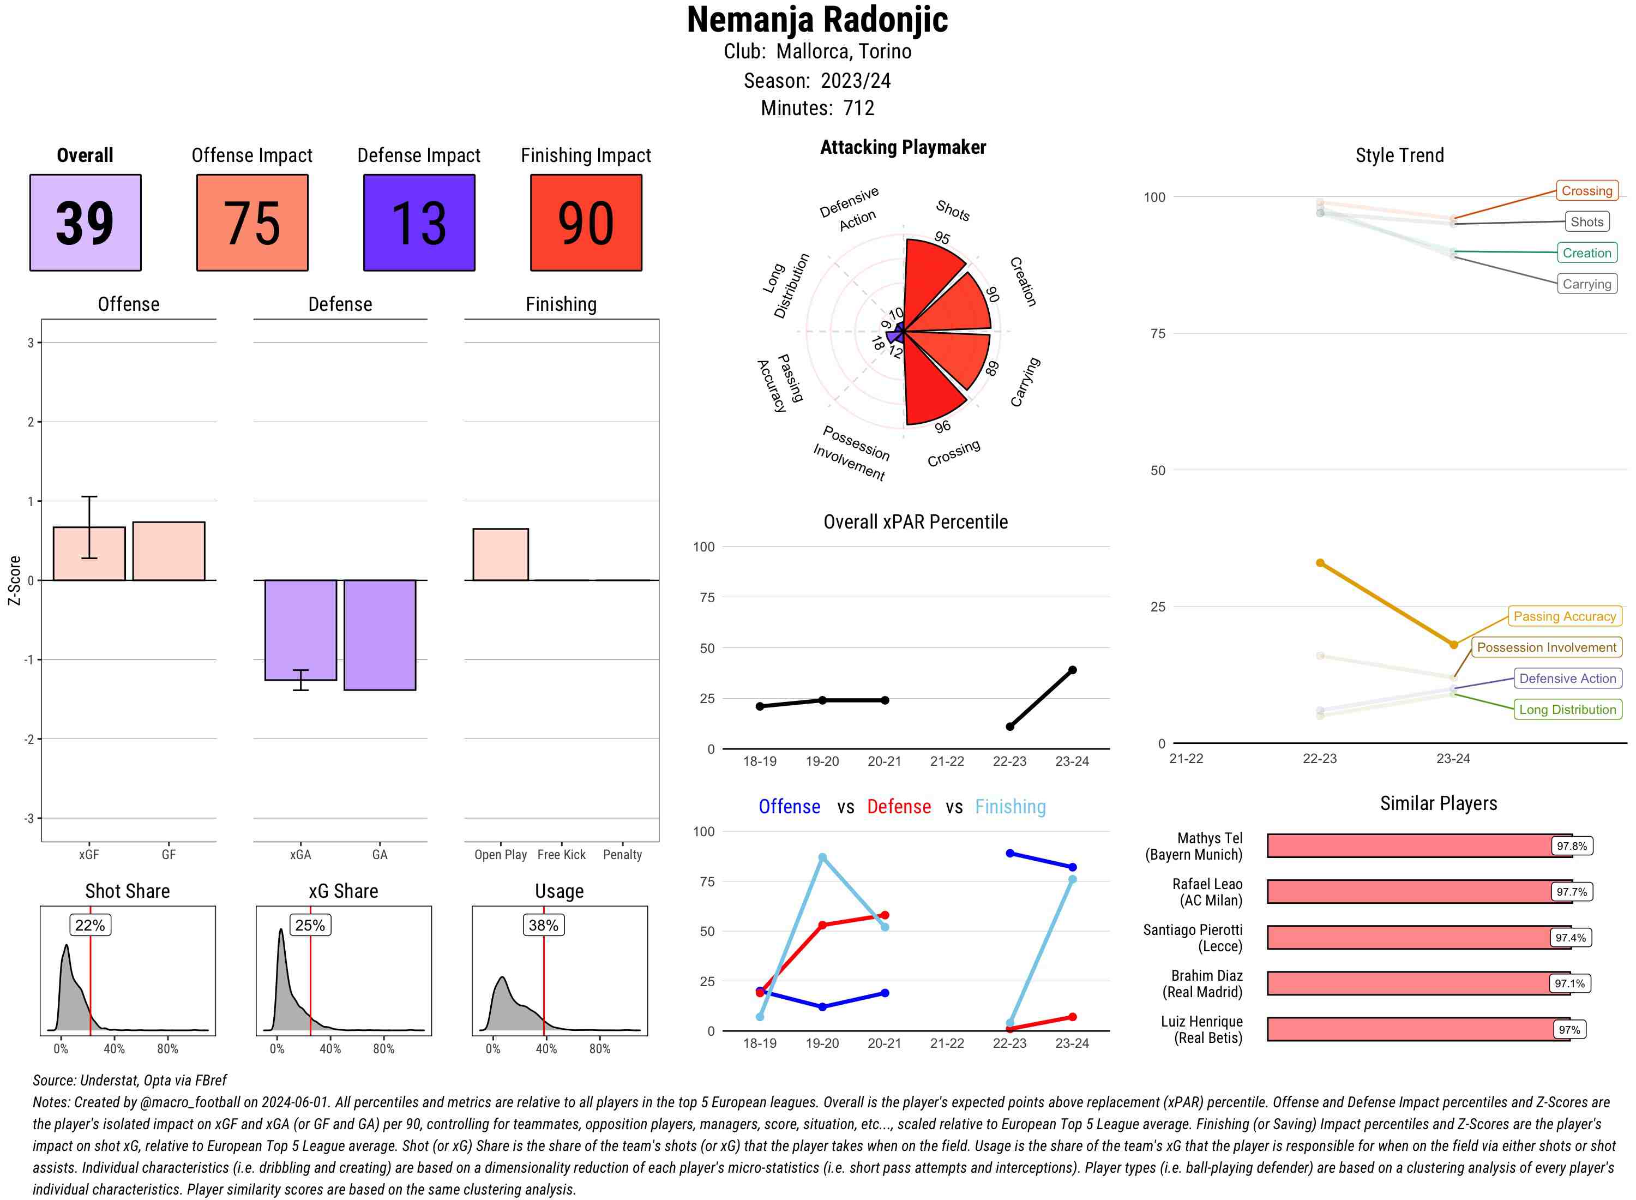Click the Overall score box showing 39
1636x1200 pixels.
[85, 223]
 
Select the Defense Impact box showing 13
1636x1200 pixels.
[419, 223]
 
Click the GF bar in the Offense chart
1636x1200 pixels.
[169, 550]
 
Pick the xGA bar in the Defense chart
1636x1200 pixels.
[300, 629]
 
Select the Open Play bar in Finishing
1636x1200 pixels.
[500, 554]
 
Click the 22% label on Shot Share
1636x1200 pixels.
[90, 925]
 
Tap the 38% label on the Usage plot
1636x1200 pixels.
[543, 925]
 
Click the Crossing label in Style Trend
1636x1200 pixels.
[1586, 191]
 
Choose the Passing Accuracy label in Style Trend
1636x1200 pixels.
[1563, 616]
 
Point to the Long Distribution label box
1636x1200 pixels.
[1567, 709]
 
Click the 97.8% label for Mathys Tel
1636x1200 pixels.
[1571, 845]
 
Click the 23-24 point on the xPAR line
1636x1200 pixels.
[1072, 670]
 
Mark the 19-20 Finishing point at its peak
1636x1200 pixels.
[822, 857]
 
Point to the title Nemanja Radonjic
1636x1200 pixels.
[817, 20]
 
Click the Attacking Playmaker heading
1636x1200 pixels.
[903, 147]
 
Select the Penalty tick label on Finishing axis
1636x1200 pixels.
[622, 854]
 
